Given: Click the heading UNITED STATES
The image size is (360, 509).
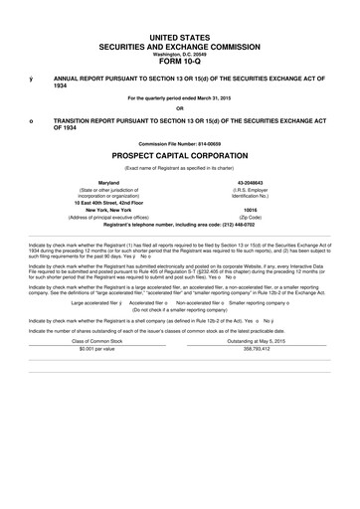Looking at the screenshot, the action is pos(179,35).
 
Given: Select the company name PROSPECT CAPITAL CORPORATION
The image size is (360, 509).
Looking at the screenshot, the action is pos(179,157).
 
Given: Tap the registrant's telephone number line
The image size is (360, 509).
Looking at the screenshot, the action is pos(179,225).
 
